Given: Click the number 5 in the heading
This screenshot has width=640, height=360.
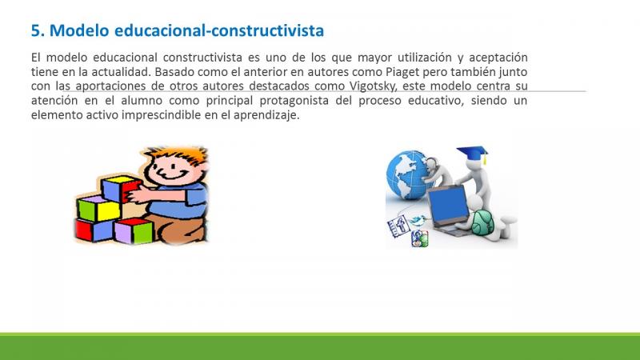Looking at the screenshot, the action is point(36,30).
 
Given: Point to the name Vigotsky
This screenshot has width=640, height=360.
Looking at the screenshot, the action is point(373,86).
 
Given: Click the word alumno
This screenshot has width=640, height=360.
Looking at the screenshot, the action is point(142,101).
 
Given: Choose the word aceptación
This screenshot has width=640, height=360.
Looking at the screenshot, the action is point(498,58).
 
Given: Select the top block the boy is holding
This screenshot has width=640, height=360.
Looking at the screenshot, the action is point(121,188).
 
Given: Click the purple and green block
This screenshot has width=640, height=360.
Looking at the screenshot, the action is point(133,230).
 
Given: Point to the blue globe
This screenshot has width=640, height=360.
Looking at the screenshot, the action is point(406,174).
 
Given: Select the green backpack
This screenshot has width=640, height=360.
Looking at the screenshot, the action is point(483,223).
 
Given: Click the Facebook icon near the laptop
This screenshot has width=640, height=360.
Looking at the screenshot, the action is point(398,226).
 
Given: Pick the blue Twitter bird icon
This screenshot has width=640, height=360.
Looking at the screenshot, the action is point(418,221).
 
